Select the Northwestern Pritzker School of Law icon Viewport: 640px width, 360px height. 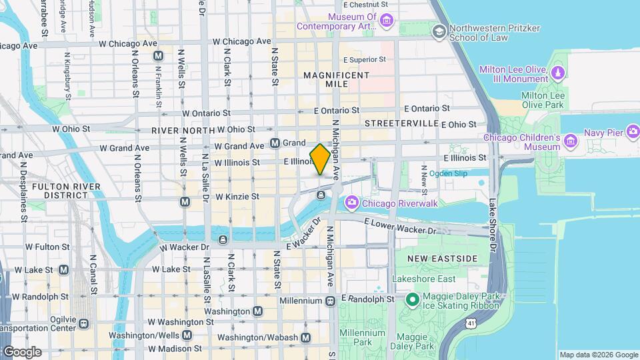point(439,31)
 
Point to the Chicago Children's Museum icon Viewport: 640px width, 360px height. point(569,141)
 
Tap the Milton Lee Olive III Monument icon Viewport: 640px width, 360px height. point(557,71)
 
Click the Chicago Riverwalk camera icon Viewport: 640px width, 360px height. point(351,202)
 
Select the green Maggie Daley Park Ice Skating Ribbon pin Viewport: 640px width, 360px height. point(412,299)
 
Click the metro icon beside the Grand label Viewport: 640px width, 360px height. point(275,143)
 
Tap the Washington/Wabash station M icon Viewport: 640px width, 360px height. point(305,337)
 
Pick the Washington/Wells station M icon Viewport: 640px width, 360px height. point(187,335)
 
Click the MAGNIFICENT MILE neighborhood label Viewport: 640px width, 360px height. point(336,80)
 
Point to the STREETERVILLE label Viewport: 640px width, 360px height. point(400,124)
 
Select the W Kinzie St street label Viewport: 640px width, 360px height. point(236,197)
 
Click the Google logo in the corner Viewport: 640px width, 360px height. point(21,352)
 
